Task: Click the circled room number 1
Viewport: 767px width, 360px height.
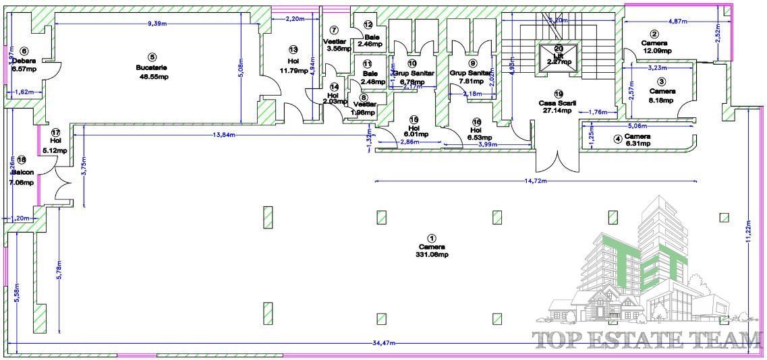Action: tap(432, 238)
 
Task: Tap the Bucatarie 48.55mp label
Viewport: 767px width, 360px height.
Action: tap(152, 72)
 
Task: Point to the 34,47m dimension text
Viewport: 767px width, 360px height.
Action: tap(385, 344)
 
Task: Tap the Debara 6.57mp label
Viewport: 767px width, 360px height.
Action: tap(24, 64)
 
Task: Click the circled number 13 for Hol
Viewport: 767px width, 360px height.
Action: tap(293, 49)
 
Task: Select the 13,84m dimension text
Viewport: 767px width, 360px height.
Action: tap(223, 135)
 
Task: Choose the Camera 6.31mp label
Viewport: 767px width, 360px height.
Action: tap(636, 140)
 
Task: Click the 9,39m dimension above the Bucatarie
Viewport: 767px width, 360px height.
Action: tap(157, 23)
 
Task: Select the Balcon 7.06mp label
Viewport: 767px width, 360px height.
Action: tap(22, 177)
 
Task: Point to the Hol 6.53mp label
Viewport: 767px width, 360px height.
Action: tap(476, 133)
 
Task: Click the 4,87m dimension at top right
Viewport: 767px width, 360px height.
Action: tap(677, 22)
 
